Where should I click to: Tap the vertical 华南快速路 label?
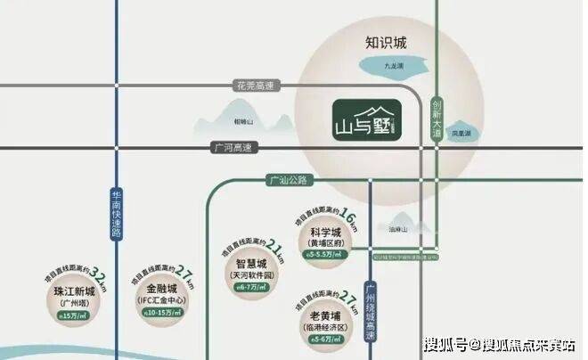(x=116, y=213)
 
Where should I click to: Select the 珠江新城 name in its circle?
(x=70, y=290)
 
